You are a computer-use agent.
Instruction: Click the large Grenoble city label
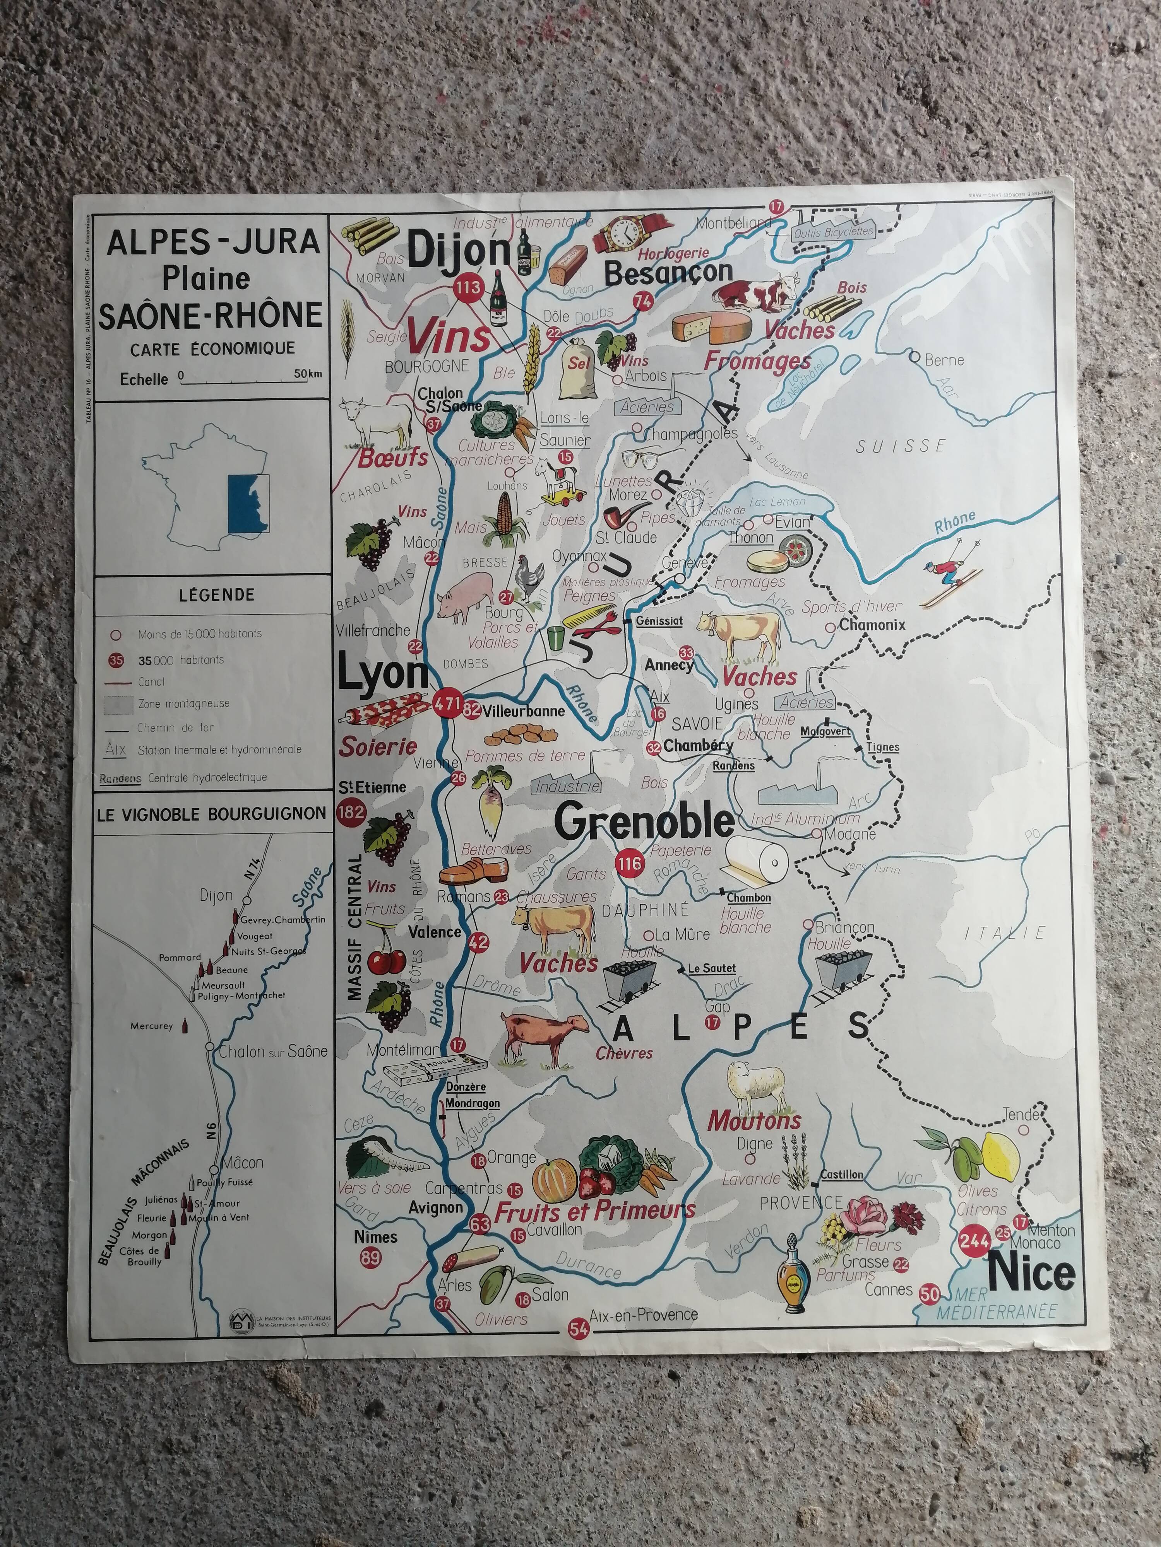pos(644,822)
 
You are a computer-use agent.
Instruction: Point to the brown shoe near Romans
pos(472,874)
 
